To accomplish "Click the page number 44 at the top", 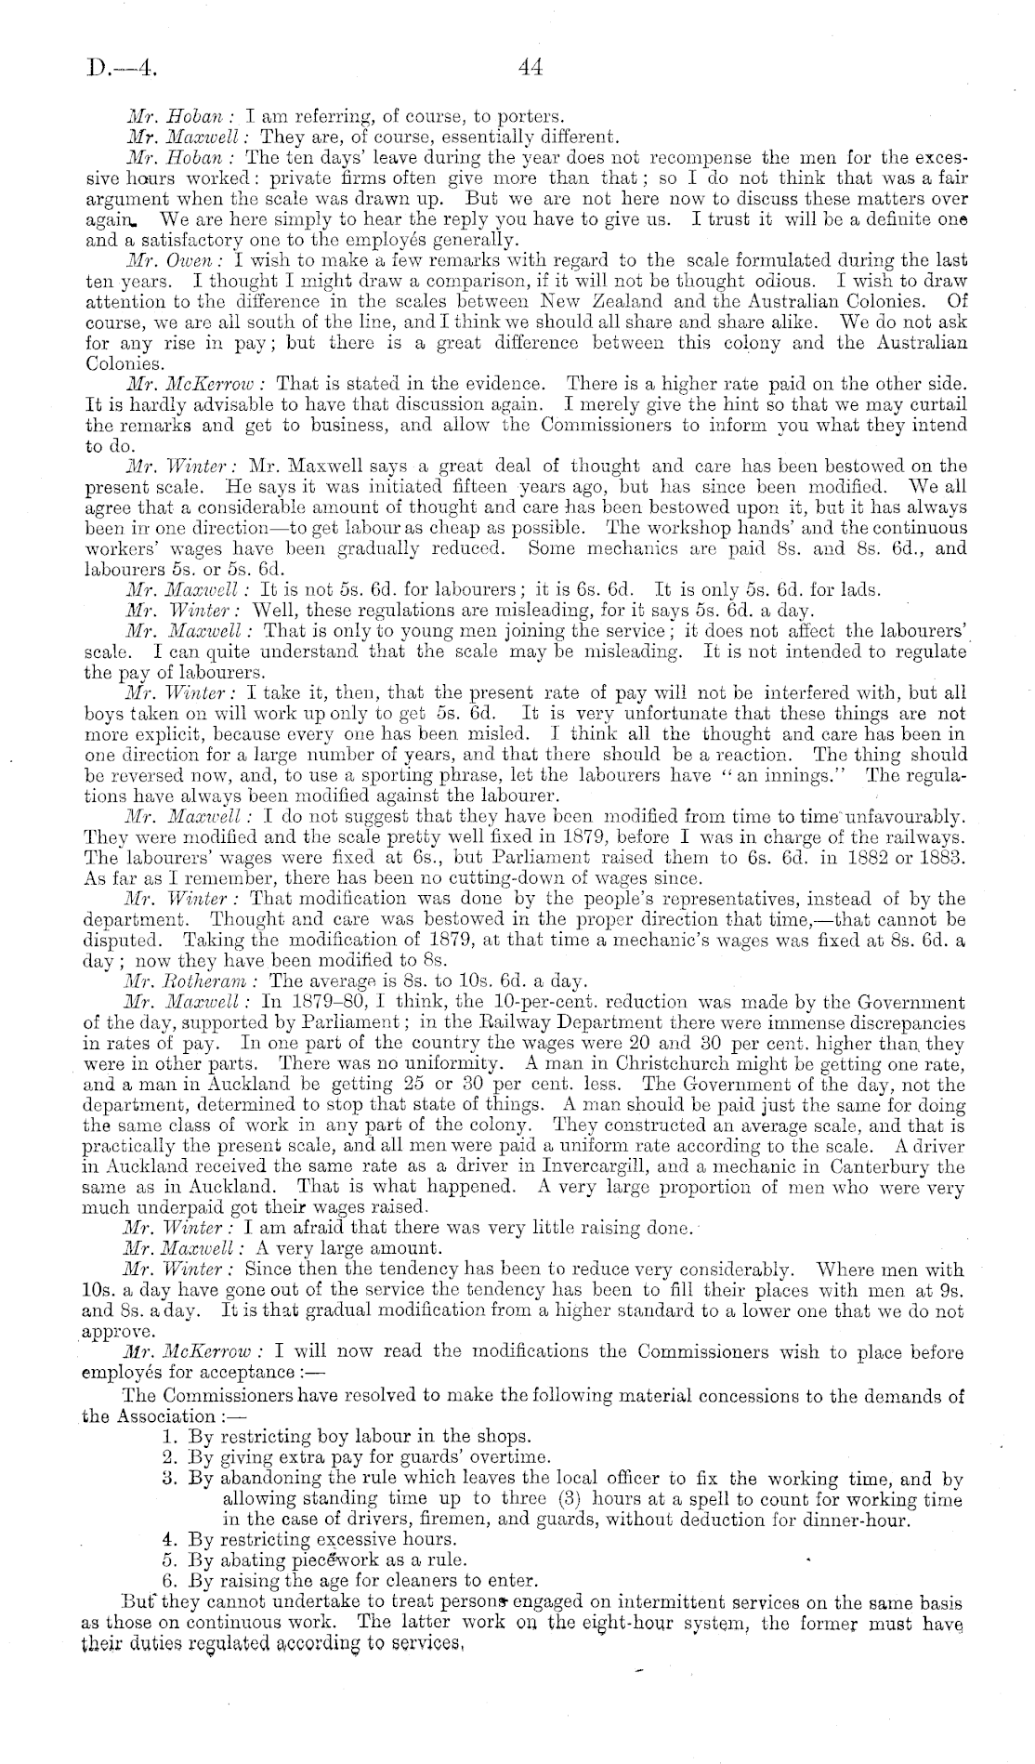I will (531, 66).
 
